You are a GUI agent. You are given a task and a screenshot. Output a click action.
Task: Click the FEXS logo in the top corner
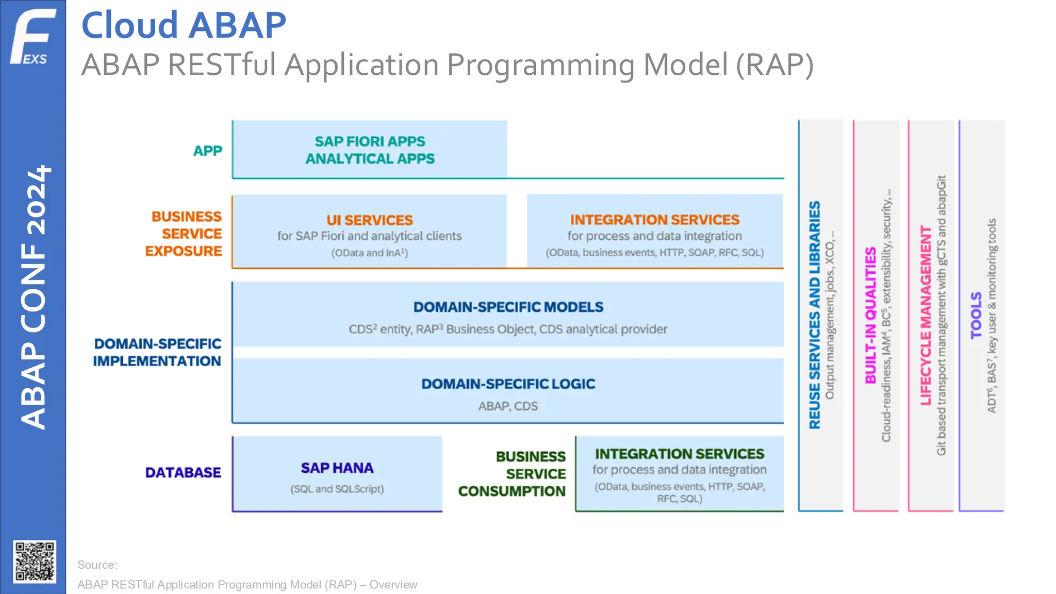point(32,36)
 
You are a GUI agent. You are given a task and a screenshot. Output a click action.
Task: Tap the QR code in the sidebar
point(35,562)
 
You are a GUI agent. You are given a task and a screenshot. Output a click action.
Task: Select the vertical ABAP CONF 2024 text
point(34,297)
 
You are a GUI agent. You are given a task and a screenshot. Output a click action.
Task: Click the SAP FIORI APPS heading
point(370,141)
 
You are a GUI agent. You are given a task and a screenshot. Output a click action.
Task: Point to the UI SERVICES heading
point(369,220)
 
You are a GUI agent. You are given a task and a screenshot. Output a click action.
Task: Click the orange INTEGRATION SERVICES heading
point(654,220)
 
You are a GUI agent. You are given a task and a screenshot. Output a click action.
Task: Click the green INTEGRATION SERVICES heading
point(679,454)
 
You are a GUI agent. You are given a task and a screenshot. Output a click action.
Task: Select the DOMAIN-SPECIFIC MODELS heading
point(508,307)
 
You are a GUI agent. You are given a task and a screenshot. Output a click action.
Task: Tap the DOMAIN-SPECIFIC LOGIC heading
point(508,384)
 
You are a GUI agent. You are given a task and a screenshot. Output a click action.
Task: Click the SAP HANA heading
point(337,468)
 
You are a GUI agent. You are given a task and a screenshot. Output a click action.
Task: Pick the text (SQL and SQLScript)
point(337,489)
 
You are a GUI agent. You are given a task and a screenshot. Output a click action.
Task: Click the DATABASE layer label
point(183,472)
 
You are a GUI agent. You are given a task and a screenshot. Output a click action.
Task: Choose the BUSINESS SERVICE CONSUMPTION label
point(512,474)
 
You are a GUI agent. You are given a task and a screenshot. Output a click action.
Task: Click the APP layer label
point(207,151)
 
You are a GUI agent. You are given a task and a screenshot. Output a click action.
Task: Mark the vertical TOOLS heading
point(976,315)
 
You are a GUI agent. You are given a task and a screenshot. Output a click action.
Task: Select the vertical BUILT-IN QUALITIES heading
point(870,315)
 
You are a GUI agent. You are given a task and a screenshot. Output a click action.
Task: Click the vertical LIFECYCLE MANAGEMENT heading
point(926,315)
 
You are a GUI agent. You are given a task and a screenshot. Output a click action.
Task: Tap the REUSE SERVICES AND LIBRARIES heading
point(814,315)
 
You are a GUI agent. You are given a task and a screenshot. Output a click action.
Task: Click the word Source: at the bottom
point(97,565)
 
